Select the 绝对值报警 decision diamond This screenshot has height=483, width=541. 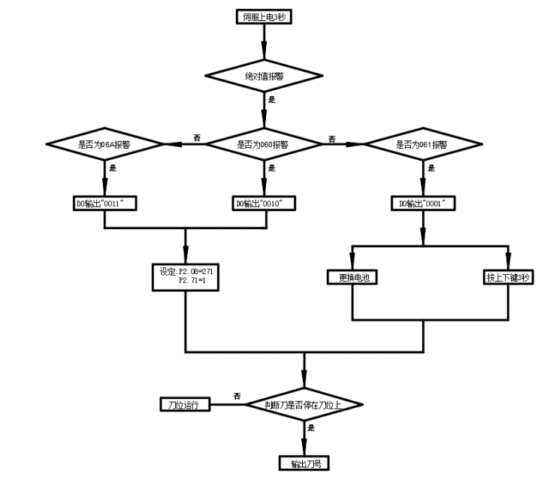click(x=263, y=75)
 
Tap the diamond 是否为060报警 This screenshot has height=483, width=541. click(x=263, y=143)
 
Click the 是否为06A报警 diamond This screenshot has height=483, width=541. click(x=104, y=143)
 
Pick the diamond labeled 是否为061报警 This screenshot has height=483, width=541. click(x=422, y=143)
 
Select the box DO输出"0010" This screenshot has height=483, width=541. click(x=263, y=204)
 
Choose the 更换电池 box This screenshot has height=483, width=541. click(x=352, y=277)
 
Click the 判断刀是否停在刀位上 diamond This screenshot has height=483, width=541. click(x=305, y=404)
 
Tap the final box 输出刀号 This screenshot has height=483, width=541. click(x=305, y=462)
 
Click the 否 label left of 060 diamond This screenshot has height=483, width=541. click(x=197, y=137)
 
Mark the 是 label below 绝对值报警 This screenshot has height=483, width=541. click(x=271, y=99)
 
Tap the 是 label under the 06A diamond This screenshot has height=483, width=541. click(x=113, y=169)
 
